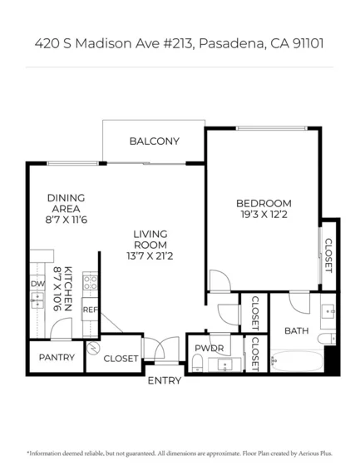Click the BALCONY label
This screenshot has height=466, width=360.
[154, 141]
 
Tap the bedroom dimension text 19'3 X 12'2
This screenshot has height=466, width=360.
[264, 215]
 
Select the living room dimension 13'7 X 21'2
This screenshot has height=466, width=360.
[150, 256]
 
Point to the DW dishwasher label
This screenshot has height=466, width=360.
[37, 284]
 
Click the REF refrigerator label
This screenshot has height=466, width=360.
[90, 310]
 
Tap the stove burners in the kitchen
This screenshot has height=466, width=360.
[90, 282]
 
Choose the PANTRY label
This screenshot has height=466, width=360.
[57, 357]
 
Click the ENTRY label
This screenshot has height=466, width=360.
[165, 380]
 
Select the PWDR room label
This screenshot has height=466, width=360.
[210, 348]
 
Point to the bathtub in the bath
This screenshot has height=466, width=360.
[297, 361]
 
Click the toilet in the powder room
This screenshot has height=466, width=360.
[197, 363]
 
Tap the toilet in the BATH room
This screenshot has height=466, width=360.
[327, 339]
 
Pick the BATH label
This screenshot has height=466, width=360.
[297, 331]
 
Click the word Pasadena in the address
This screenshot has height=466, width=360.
[231, 43]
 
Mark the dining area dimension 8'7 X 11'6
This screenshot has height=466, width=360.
[67, 220]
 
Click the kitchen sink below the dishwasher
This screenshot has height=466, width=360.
[37, 300]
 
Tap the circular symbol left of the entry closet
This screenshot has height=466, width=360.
[93, 348]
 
